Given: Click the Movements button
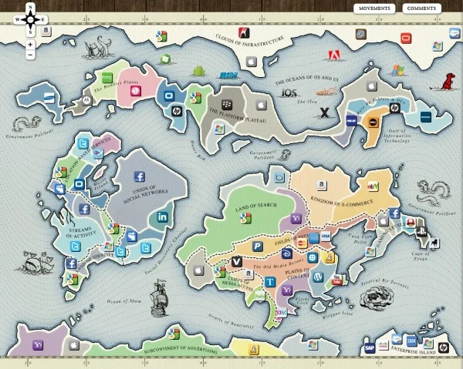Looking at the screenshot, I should pyautogui.click(x=374, y=8).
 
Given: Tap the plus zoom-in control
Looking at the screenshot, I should pyautogui.click(x=30, y=44).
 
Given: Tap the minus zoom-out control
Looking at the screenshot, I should pyautogui.click(x=30, y=55).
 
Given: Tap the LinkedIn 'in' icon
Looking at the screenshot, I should pyautogui.click(x=163, y=218).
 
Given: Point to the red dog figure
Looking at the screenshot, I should pyautogui.click(x=445, y=79).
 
